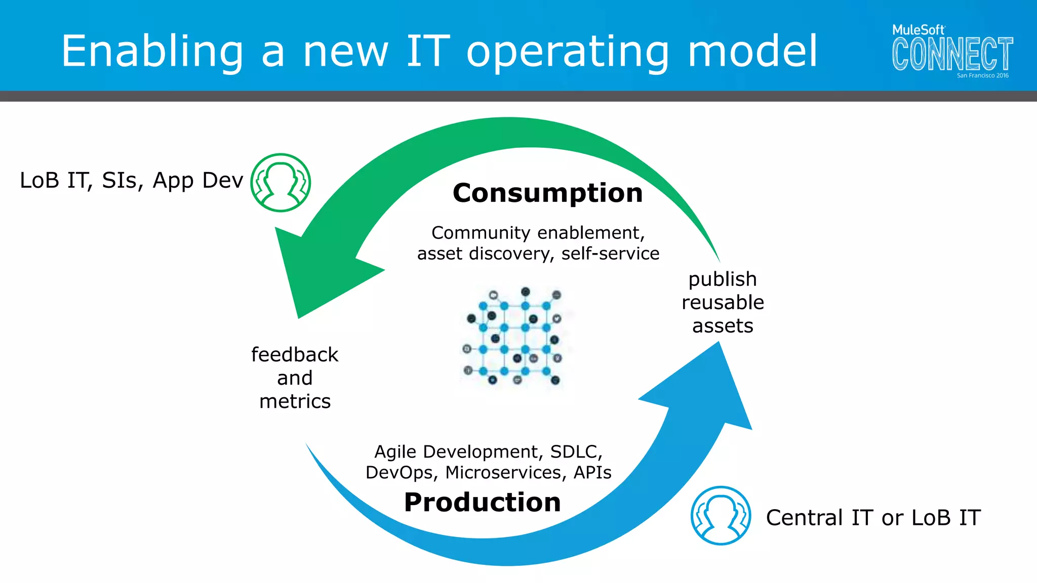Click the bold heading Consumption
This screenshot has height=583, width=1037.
(x=547, y=193)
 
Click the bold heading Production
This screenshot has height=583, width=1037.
(x=482, y=502)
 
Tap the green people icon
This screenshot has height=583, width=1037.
(x=281, y=183)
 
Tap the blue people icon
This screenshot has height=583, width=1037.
(x=721, y=516)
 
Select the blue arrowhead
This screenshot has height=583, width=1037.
(x=709, y=390)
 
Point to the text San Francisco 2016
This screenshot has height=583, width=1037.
(x=982, y=75)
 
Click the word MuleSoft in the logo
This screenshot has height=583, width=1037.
(x=918, y=30)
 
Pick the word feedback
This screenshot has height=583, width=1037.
(x=295, y=355)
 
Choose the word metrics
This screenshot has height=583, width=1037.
(x=295, y=401)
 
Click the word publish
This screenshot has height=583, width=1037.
(x=723, y=279)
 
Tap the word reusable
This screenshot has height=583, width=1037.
(x=723, y=303)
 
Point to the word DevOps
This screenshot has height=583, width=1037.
(x=400, y=472)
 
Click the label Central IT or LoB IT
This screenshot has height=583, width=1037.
(x=873, y=517)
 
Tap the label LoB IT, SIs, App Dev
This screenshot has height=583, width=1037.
(x=131, y=181)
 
